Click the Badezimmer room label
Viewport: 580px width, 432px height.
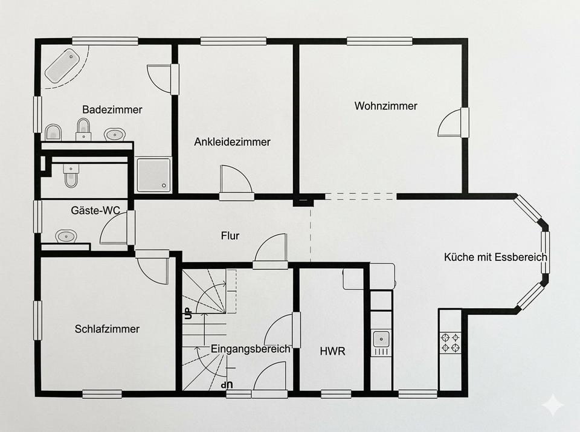coord(112,109)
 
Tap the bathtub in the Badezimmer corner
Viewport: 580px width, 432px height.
coord(62,66)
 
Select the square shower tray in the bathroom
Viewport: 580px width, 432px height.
coord(154,175)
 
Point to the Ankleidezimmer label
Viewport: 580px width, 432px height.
coord(232,141)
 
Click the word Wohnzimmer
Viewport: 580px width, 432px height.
coord(386,106)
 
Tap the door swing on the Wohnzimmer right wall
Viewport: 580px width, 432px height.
coord(449,123)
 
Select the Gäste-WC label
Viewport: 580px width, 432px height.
coord(95,210)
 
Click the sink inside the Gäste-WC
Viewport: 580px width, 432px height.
coord(66,236)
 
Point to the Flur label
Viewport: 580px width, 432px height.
coord(230,236)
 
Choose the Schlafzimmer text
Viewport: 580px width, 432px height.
coord(107,329)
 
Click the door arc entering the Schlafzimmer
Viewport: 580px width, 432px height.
coord(152,270)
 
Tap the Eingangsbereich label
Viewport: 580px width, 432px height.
coord(250,349)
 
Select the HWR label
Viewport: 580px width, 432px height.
coord(332,351)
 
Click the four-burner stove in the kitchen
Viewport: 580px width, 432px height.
coord(450,343)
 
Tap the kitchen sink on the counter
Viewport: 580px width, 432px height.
coord(381,339)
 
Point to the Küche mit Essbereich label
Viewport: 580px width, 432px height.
coord(495,257)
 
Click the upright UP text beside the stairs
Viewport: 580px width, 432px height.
coord(187,313)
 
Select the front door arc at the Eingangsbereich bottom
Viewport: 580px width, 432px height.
coord(270,376)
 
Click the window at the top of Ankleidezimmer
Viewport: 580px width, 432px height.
coord(233,40)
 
